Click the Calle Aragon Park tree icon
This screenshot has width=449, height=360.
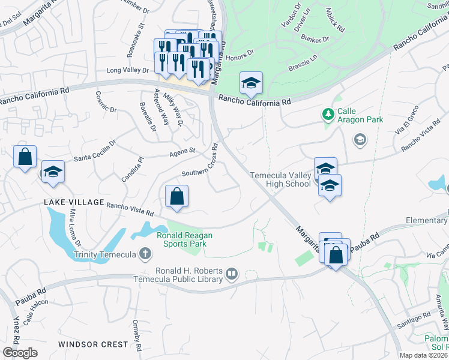click(x=328, y=113)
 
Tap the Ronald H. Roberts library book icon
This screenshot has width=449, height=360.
click(x=232, y=275)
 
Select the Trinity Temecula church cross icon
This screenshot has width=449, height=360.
click(x=144, y=254)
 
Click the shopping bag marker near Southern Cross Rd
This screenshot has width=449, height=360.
click(x=177, y=196)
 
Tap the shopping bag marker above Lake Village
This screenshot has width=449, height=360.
click(x=25, y=157)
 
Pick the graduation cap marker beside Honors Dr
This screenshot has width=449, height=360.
click(x=251, y=82)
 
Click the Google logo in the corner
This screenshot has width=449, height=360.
click(x=20, y=353)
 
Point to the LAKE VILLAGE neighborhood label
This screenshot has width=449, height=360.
click(x=74, y=202)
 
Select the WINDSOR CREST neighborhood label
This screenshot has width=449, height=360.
click(x=93, y=344)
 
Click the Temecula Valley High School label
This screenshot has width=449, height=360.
click(x=280, y=179)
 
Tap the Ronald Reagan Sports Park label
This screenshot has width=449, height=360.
click(x=182, y=239)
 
